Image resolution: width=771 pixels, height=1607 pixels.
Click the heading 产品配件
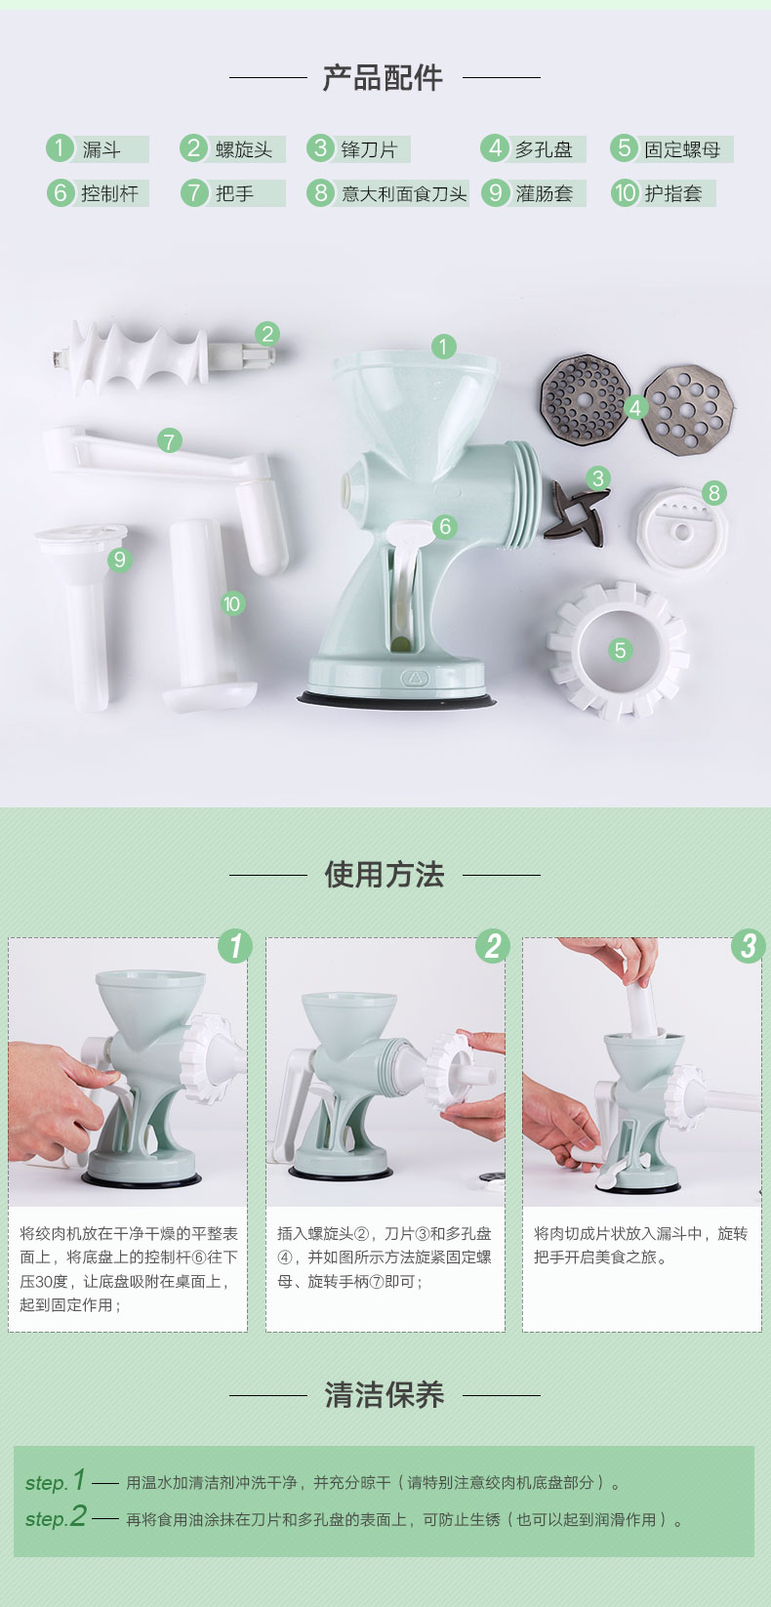click(x=383, y=77)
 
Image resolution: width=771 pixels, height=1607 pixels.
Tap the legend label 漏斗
click(x=101, y=150)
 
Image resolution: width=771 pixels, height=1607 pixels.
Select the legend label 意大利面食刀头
click(x=404, y=193)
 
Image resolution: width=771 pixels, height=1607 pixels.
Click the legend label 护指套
click(x=672, y=193)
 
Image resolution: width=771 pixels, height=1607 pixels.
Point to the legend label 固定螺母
click(x=682, y=150)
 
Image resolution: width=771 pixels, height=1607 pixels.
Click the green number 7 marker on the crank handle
click(x=169, y=440)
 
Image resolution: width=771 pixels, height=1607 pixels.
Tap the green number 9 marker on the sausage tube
click(x=120, y=559)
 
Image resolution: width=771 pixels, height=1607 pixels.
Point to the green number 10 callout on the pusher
click(x=231, y=604)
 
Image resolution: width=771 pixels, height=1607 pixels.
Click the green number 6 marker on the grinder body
click(x=445, y=527)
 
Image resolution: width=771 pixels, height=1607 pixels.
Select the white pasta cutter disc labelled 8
click(x=680, y=532)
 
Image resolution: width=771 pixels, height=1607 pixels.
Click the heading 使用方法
click(x=385, y=875)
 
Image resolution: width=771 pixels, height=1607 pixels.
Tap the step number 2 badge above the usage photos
click(x=493, y=946)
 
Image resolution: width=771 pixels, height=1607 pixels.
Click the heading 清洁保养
click(x=385, y=1395)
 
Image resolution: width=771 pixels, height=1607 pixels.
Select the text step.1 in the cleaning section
click(x=56, y=1481)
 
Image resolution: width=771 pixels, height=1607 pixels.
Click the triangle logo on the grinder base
click(x=414, y=677)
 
